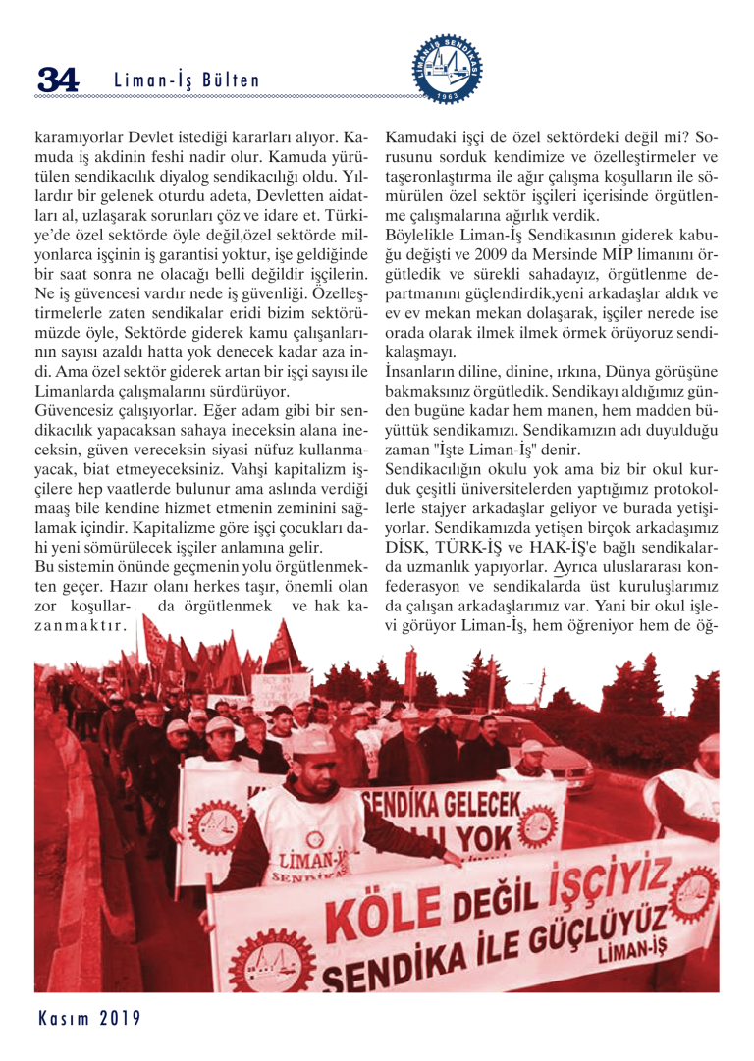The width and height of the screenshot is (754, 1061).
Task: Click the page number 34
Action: (56, 80)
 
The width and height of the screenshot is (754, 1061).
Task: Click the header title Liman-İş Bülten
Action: (187, 81)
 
